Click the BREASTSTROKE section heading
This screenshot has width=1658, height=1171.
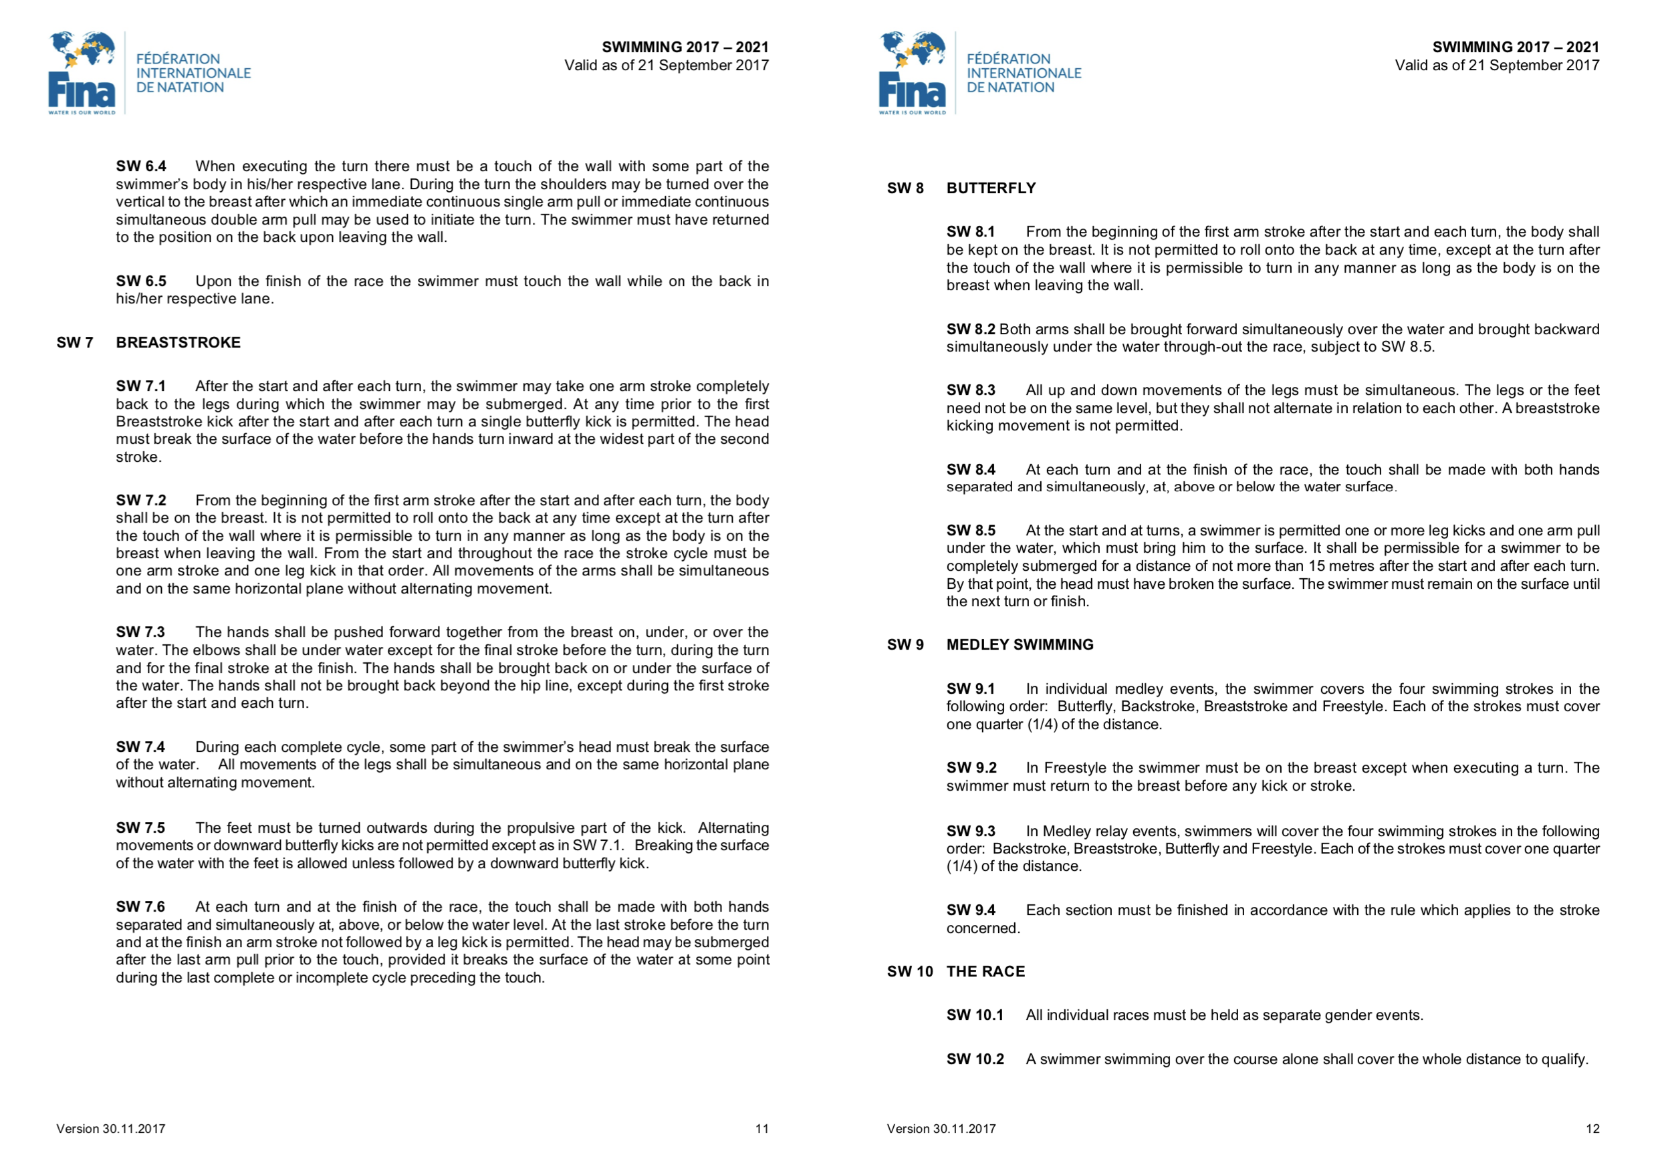point(178,342)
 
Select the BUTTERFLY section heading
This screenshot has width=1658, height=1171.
point(991,188)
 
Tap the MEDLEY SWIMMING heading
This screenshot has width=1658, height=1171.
point(1020,645)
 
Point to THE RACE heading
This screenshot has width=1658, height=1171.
point(985,971)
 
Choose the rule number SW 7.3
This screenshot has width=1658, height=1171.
point(140,632)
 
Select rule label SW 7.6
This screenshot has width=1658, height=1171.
point(140,907)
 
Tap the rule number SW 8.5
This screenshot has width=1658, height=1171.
point(971,531)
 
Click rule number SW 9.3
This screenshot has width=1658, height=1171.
point(971,831)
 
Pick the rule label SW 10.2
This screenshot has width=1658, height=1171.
point(975,1059)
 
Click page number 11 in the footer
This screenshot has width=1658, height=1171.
point(762,1128)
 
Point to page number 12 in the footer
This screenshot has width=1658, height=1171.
point(1592,1128)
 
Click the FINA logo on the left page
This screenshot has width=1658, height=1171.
point(82,73)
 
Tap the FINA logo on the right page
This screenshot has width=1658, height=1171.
point(912,73)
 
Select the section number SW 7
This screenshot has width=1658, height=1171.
point(74,342)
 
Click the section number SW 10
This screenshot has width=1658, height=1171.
point(910,971)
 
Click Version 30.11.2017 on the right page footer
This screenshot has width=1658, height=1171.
point(941,1128)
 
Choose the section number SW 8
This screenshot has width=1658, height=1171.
point(905,188)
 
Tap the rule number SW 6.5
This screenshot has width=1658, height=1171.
point(141,281)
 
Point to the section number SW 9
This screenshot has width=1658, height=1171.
point(905,645)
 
